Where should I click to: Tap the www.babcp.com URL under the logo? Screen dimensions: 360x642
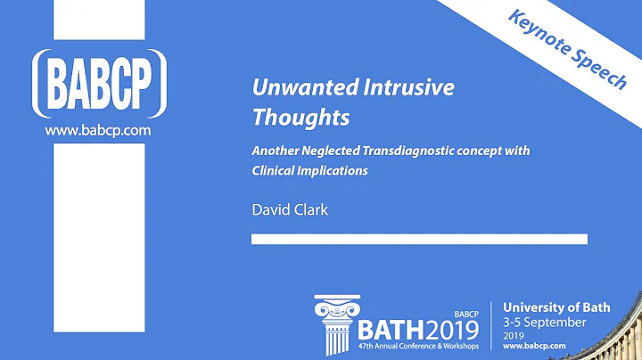point(97,130)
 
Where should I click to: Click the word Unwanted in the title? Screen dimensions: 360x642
point(292,88)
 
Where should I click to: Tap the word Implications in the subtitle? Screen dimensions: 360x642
point(336,171)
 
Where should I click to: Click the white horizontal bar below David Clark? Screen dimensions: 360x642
point(419,239)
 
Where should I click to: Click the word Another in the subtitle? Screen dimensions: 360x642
point(276,151)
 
